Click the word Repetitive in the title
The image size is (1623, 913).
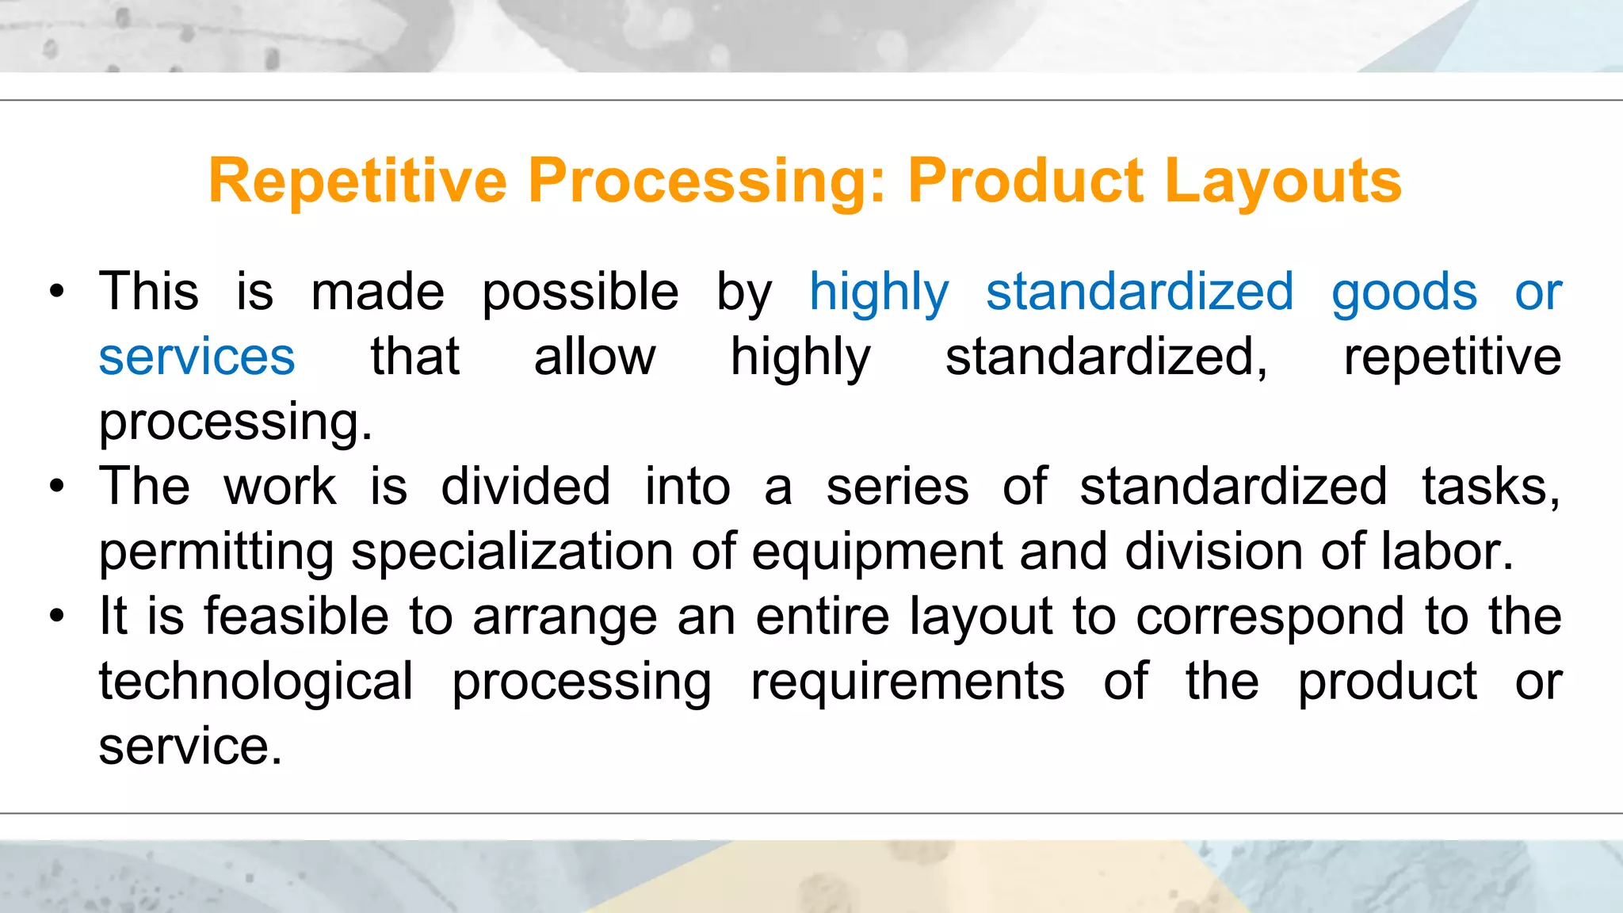(357, 181)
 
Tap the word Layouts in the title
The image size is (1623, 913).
(1283, 181)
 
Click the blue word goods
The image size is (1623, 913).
(1403, 292)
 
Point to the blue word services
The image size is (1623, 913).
(197, 357)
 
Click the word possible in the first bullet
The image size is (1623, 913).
(580, 292)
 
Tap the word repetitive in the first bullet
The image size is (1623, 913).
(1452, 357)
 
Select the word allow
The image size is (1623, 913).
(594, 357)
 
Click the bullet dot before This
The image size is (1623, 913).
(56, 292)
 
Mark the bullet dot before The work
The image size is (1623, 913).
(56, 487)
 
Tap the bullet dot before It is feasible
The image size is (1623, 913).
(56, 617)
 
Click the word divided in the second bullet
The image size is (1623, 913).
(525, 487)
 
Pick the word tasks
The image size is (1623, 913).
(1490, 487)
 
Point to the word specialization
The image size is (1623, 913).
(512, 552)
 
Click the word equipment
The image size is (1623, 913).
(876, 552)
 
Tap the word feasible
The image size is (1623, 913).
(296, 617)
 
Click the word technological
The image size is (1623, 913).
(255, 682)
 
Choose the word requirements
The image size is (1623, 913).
(907, 682)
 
